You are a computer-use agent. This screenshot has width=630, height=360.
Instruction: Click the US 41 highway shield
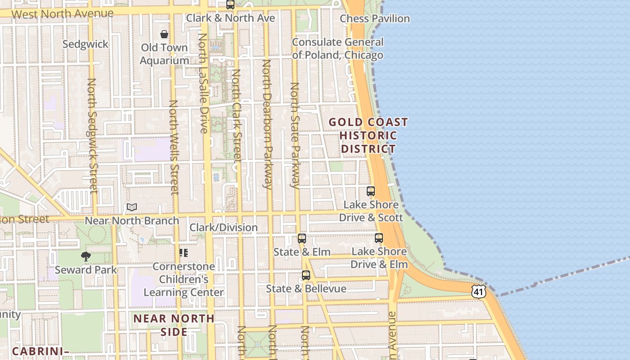(x=479, y=291)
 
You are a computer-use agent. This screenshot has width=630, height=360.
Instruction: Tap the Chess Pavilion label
(x=374, y=18)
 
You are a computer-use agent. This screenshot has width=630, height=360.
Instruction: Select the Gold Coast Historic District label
(x=368, y=135)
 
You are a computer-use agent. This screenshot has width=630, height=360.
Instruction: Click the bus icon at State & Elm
(x=302, y=238)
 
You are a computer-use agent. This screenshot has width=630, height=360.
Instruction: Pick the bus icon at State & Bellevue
(x=306, y=275)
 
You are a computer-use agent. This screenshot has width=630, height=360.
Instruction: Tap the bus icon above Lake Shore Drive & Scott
(x=371, y=191)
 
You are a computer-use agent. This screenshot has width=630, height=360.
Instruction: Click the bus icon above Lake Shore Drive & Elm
(x=379, y=238)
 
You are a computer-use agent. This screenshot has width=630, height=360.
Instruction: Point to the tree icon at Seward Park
(x=86, y=256)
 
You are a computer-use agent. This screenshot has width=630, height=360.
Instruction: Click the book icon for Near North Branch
(x=131, y=207)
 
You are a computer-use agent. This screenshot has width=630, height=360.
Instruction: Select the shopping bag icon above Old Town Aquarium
(x=164, y=34)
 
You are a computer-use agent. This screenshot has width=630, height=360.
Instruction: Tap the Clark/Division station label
(x=223, y=227)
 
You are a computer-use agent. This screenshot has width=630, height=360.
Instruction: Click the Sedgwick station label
(x=85, y=44)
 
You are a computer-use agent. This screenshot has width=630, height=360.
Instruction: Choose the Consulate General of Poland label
(x=337, y=49)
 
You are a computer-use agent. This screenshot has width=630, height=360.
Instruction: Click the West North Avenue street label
(x=62, y=13)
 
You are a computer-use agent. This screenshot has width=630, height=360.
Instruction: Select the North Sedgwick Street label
(x=93, y=135)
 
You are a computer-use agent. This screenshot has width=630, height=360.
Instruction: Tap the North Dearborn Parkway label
(x=267, y=124)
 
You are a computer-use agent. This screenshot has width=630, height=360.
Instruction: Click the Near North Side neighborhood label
(x=174, y=325)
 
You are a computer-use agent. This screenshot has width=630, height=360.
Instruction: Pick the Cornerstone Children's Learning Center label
(x=183, y=279)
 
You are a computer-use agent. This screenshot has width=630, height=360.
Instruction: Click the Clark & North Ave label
(x=230, y=18)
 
